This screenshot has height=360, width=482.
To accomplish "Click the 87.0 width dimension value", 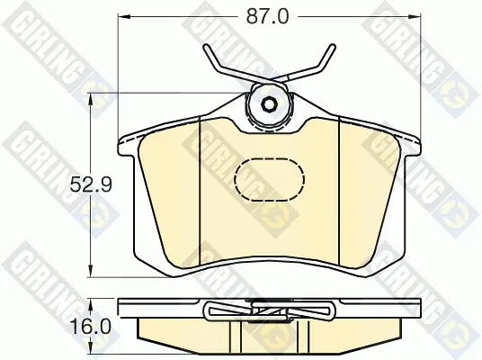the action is coord(267,16).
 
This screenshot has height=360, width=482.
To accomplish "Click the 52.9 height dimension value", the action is coord(91,184).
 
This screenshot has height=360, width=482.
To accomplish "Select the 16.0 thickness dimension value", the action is coord(90,327).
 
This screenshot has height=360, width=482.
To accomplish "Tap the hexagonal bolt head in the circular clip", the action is coord(269,104).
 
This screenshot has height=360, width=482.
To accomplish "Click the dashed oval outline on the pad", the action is coord(269,180).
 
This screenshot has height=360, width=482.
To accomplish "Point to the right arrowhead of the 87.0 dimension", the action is coord(414,16).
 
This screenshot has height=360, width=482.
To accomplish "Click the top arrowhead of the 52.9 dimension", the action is coord(91,100).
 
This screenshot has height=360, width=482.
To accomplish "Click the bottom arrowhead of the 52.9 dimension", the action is coord(91,271).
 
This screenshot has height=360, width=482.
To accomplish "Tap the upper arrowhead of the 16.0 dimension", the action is coord(91,304).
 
